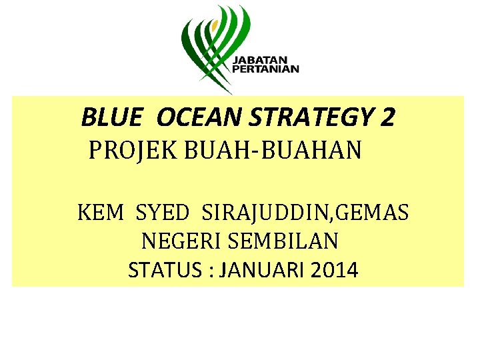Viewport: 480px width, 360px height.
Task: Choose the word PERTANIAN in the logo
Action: tap(265, 69)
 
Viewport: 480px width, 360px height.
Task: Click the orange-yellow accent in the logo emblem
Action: tap(214, 27)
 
